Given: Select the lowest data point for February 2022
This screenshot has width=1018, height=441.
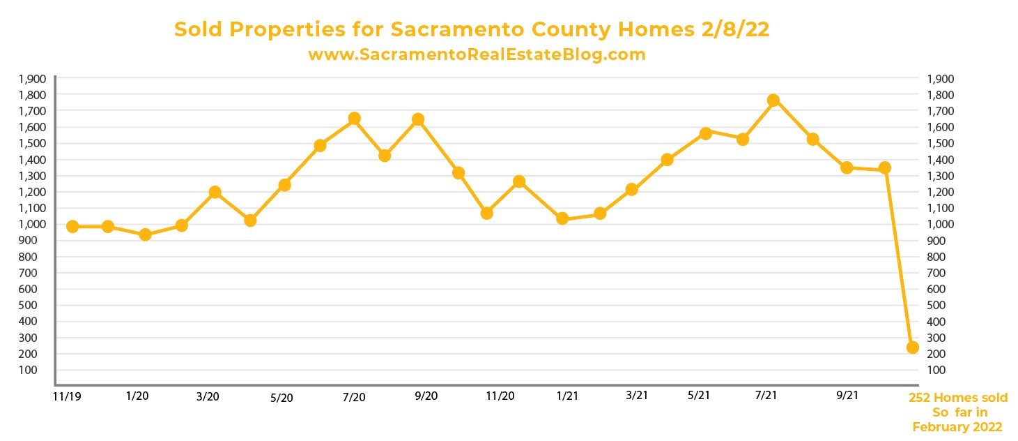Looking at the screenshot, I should coord(912,347).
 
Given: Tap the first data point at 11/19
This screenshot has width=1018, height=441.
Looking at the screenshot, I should coord(72,226).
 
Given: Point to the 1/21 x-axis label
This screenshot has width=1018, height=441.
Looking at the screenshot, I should coord(567,396).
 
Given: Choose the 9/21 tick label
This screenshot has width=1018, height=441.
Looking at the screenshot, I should coord(847,396).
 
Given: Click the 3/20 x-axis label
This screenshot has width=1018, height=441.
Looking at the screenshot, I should coord(208,396).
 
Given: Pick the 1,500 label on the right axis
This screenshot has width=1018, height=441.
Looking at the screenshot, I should coord(941,143).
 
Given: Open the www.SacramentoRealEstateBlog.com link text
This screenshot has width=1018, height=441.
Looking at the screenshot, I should coord(477,54).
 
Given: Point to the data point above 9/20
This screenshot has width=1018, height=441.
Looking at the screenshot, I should coord(418,119).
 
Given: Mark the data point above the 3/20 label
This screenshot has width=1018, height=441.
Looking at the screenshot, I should coord(215,192).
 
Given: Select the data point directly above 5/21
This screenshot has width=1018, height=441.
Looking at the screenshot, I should coord(705,133).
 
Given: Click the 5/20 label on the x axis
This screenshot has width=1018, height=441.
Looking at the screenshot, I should coord(281,398).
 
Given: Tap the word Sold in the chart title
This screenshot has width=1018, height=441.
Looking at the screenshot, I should coord(197,30).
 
